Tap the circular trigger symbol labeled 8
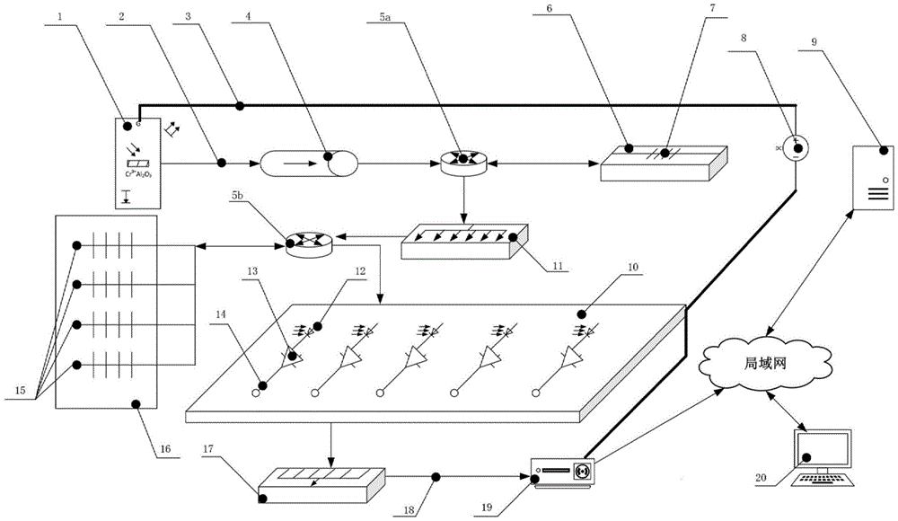795,146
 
